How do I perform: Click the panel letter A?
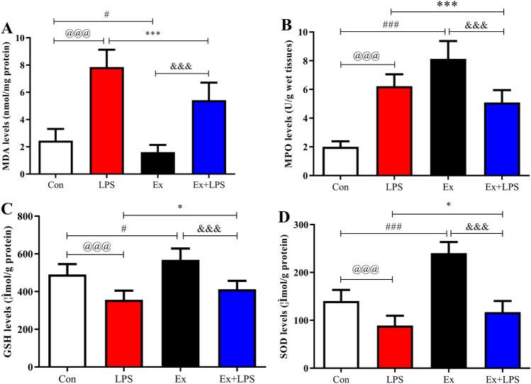coord(8,29)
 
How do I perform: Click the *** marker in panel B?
coord(447,5)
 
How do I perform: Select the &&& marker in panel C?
coord(209,228)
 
